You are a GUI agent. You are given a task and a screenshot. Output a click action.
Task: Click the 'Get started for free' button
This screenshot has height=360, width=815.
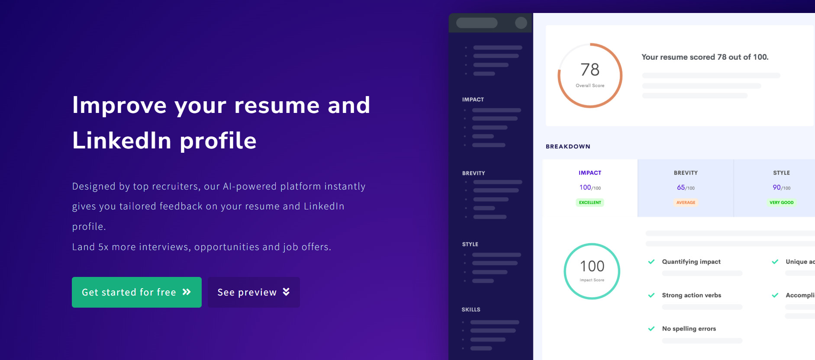(137, 292)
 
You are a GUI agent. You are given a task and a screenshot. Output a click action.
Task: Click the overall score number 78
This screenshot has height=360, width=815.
(590, 70)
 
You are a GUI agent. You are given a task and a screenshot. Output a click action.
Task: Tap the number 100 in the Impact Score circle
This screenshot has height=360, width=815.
(592, 266)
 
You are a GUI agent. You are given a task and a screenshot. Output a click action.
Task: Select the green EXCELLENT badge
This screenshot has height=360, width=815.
(590, 202)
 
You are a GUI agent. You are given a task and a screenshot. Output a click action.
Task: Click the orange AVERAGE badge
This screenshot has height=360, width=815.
(686, 202)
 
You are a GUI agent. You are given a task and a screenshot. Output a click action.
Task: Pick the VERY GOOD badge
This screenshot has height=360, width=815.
(781, 202)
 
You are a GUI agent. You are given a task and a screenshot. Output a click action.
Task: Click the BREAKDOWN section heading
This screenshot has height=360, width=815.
(568, 147)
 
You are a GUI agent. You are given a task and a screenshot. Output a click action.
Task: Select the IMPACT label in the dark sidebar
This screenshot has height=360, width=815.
(473, 100)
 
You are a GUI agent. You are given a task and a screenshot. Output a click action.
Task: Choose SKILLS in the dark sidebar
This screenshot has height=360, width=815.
(471, 310)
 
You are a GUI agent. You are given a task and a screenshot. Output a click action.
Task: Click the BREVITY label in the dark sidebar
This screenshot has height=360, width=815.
(474, 173)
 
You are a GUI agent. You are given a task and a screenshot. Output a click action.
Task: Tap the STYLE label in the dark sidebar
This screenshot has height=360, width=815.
(470, 244)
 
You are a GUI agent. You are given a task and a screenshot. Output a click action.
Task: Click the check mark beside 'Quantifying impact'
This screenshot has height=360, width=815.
(651, 262)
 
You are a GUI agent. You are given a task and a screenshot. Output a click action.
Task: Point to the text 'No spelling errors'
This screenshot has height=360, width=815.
(689, 329)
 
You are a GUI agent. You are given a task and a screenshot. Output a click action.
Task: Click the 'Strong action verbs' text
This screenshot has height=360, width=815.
(692, 296)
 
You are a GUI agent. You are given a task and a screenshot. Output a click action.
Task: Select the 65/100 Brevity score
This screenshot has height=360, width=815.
(686, 187)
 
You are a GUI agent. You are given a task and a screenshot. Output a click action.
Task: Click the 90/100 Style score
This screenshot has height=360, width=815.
(781, 187)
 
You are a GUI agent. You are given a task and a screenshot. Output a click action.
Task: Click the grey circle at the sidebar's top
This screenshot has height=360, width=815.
(521, 23)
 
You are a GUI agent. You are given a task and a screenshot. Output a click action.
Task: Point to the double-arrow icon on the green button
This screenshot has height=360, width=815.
(187, 292)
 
